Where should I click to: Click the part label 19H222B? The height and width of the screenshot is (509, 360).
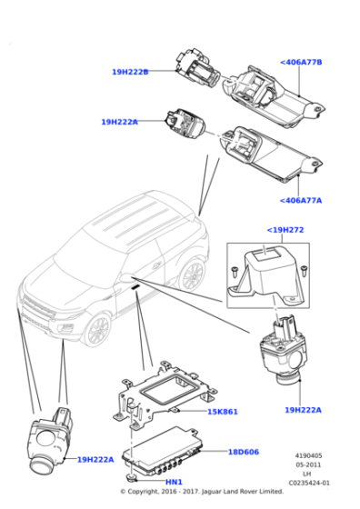pyautogui.click(x=130, y=72)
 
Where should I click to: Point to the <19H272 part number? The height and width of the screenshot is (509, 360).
pyautogui.click(x=285, y=231)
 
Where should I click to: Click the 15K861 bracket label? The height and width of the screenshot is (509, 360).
pyautogui.click(x=222, y=412)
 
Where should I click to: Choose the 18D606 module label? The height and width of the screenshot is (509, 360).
pyautogui.click(x=243, y=452)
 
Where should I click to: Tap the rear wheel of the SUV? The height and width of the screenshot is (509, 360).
pyautogui.click(x=194, y=276)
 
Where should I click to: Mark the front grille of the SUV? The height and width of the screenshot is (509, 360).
pyautogui.click(x=35, y=308)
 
